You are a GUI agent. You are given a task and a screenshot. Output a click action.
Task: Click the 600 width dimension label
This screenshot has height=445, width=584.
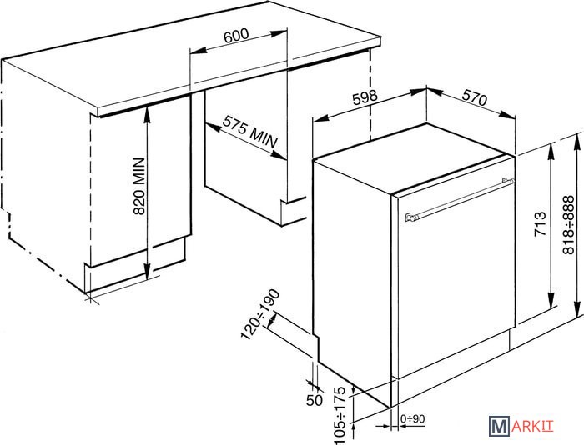click(236, 34)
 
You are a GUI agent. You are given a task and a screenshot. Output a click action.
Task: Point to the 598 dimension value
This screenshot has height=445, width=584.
click(365, 98)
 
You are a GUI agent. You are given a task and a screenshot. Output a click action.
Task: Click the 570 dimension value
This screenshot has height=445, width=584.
click(475, 98)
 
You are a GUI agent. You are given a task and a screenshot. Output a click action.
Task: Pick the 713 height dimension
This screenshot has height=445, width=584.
click(540, 223)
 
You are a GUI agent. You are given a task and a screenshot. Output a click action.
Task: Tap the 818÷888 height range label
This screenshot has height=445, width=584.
click(569, 225)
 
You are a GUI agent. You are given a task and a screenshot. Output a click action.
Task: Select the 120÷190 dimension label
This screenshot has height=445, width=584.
click(260, 314)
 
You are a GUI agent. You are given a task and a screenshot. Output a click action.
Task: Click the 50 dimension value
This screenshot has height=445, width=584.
click(314, 400)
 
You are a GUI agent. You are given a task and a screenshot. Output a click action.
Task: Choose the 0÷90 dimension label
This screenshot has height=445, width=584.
click(412, 419)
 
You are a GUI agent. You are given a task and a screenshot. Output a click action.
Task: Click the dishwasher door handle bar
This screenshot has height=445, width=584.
click(460, 200)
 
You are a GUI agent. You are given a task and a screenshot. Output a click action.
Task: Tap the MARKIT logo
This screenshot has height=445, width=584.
click(521, 427)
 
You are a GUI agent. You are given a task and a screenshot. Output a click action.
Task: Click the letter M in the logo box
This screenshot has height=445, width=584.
click(499, 427)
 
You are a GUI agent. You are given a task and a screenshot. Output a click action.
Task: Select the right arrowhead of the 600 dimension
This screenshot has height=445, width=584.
click(279, 33)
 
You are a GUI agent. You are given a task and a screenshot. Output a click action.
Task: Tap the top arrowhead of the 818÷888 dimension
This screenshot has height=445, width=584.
click(577, 142)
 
